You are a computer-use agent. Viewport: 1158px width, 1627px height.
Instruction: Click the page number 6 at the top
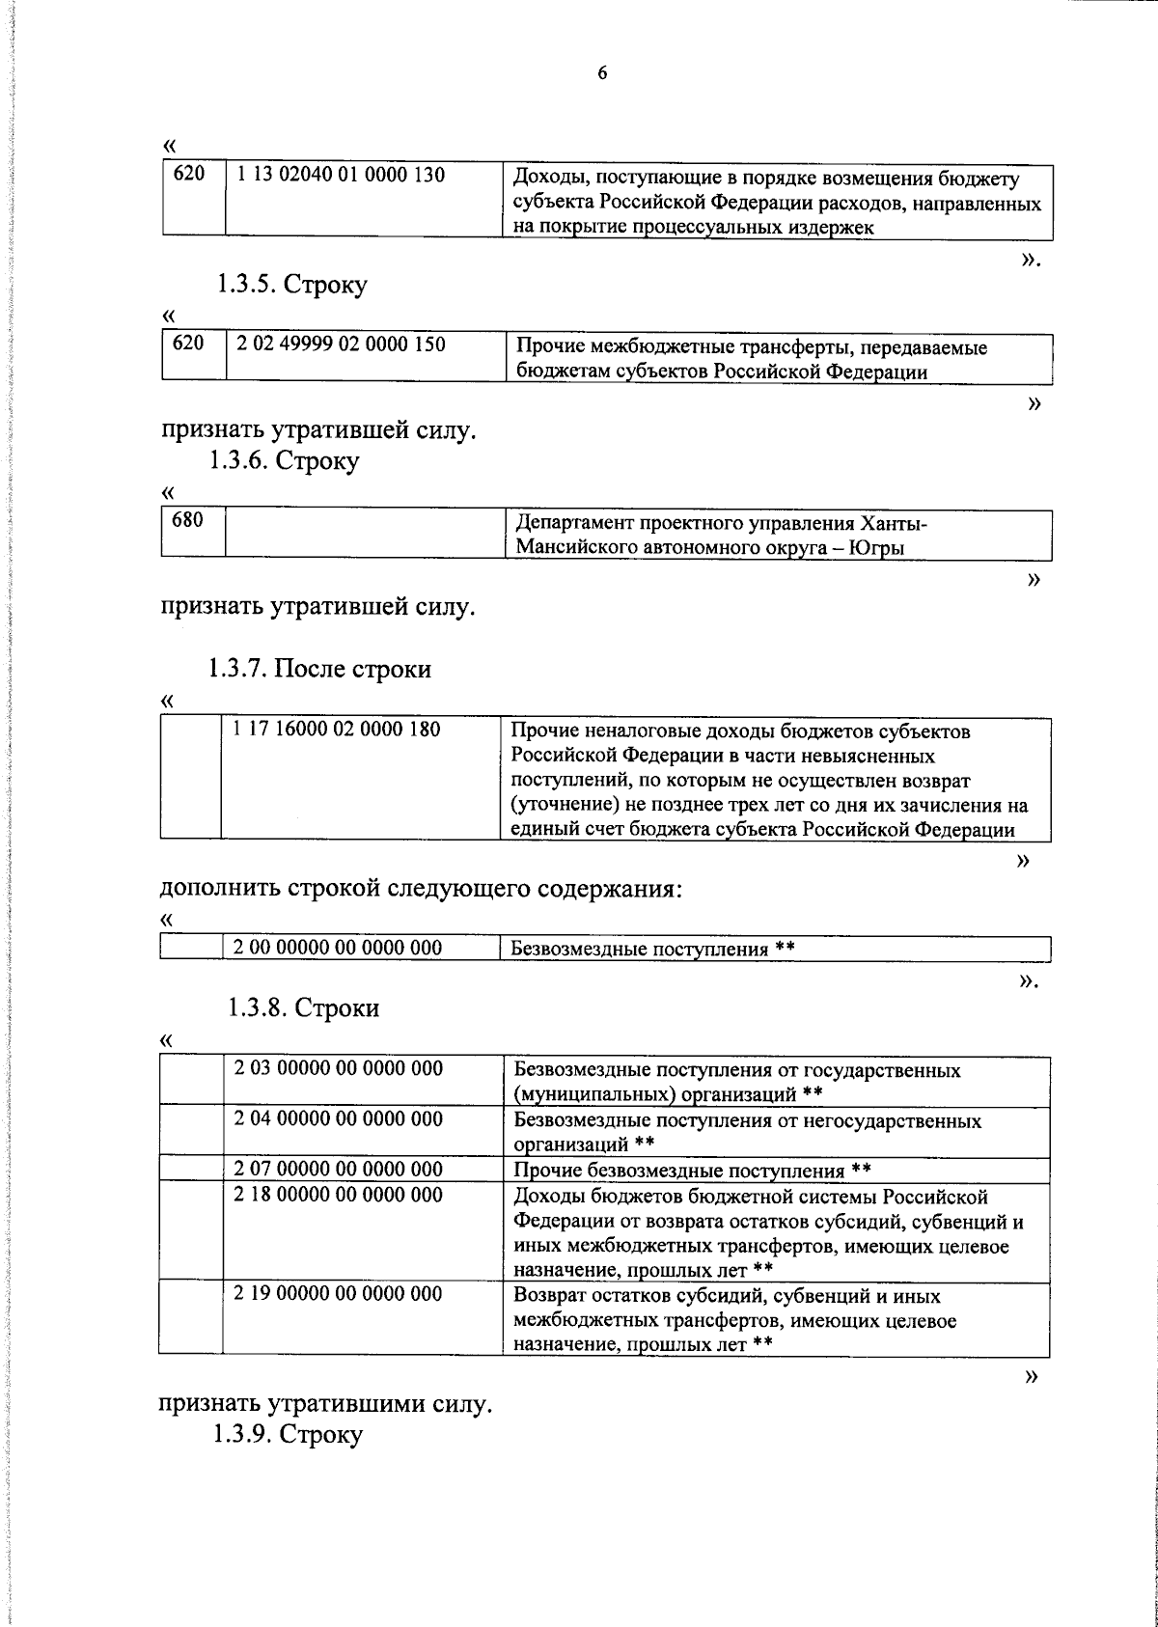pyautogui.click(x=602, y=73)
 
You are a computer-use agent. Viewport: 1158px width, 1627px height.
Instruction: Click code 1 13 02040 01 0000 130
pyautogui.click(x=341, y=176)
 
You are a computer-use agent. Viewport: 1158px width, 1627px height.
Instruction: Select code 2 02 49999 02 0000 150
pyautogui.click(x=341, y=344)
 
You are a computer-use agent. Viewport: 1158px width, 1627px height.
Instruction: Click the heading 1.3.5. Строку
pyautogui.click(x=291, y=286)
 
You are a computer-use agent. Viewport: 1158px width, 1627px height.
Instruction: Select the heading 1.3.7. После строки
pyautogui.click(x=319, y=669)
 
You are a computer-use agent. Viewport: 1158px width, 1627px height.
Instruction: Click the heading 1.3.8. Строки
pyautogui.click(x=304, y=1008)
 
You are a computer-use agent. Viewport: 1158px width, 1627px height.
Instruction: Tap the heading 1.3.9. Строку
pyautogui.click(x=288, y=1434)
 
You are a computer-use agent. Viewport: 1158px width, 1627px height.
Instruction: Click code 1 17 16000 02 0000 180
pyautogui.click(x=337, y=730)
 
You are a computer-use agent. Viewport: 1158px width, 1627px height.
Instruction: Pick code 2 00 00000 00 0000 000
pyautogui.click(x=338, y=948)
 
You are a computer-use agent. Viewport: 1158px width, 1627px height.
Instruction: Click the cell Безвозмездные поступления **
pyautogui.click(x=652, y=949)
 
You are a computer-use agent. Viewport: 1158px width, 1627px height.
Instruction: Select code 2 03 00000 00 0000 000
pyautogui.click(x=339, y=1068)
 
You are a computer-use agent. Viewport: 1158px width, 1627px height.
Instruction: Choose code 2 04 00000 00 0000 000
pyautogui.click(x=339, y=1118)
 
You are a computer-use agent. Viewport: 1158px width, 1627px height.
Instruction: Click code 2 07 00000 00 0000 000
pyautogui.click(x=339, y=1170)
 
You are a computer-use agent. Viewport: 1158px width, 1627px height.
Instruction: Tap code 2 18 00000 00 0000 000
pyautogui.click(x=339, y=1196)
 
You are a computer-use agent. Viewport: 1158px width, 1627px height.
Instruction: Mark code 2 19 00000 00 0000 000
pyautogui.click(x=339, y=1293)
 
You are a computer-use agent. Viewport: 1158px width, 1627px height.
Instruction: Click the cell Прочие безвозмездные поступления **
pyautogui.click(x=693, y=1171)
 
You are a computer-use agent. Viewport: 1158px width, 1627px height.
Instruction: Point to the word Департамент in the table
pyautogui.click(x=571, y=524)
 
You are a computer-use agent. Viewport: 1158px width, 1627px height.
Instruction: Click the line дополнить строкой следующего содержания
pyautogui.click(x=421, y=888)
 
